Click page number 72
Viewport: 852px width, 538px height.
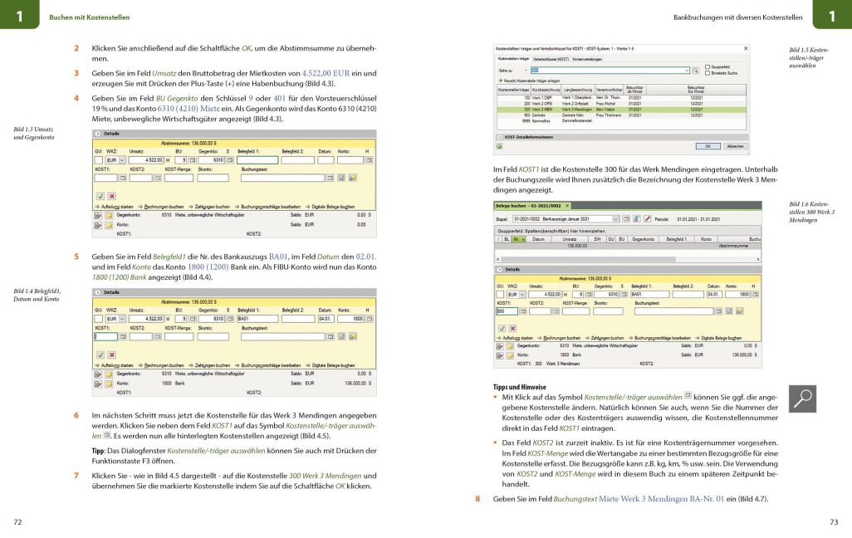point(18,521)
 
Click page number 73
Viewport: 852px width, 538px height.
point(834,521)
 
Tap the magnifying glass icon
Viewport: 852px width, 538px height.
point(802,399)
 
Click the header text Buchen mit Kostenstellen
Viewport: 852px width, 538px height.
point(90,17)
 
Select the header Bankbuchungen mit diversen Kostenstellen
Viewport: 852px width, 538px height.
point(737,17)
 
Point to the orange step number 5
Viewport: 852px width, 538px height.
point(76,257)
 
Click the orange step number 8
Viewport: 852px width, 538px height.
point(477,498)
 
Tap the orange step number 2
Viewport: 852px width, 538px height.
point(76,48)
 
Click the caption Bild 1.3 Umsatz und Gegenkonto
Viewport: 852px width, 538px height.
point(33,133)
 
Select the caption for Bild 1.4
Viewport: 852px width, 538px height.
point(36,295)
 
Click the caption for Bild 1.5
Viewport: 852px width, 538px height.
point(809,56)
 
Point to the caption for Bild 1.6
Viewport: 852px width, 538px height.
point(811,212)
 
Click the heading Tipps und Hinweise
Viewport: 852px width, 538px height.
point(519,387)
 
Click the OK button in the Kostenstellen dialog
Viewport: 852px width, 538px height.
point(708,145)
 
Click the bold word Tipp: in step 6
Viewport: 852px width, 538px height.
point(98,451)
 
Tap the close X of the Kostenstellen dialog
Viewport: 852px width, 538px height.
point(745,49)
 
